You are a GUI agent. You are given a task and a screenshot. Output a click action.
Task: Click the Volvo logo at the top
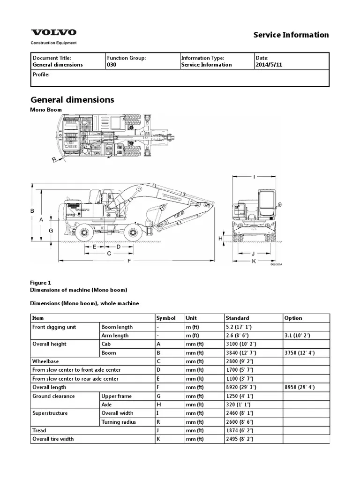[x=53, y=33]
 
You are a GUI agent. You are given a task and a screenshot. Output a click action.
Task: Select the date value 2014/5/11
[x=269, y=65]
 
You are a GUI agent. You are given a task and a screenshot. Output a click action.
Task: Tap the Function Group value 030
[x=112, y=65]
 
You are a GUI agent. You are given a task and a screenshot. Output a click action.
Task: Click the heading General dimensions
[x=72, y=100]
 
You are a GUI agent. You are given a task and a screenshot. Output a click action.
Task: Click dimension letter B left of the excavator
[x=33, y=211]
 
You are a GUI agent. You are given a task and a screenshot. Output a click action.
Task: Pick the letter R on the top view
[x=54, y=159]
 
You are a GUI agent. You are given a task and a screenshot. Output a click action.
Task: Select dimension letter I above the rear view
[x=254, y=177]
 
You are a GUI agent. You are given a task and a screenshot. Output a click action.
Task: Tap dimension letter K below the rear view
[x=254, y=261]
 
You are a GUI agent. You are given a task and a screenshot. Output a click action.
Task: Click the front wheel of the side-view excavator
[x=135, y=232]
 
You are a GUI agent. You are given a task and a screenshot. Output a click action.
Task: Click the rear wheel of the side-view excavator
[x=85, y=232]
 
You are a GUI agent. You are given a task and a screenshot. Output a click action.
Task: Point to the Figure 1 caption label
[x=40, y=283]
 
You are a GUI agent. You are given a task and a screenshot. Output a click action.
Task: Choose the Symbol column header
[x=166, y=318]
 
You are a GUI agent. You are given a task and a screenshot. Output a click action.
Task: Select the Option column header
[x=293, y=318]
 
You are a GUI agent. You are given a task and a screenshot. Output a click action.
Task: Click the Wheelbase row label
[x=45, y=361]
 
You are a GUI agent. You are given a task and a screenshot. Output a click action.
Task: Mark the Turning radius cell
[x=119, y=422]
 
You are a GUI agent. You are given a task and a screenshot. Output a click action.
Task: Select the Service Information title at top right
[x=291, y=35]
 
